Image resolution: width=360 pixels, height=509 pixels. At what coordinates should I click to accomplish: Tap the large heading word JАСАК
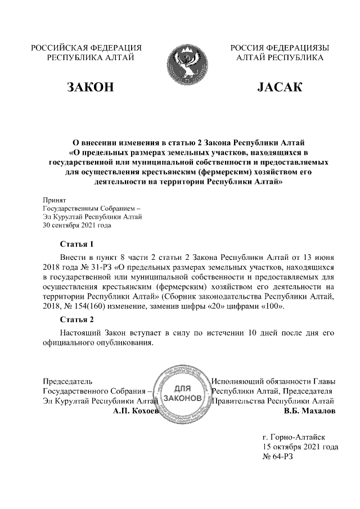pos(280,87)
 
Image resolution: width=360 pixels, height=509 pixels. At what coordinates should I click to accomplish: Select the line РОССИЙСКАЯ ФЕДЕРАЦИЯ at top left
pos(86,48)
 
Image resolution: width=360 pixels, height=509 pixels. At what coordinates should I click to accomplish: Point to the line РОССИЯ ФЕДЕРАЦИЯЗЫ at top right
pos(280,48)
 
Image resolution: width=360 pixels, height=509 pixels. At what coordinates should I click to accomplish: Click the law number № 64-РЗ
pos(278,457)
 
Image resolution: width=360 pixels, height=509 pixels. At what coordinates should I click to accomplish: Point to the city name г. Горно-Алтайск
pos(294,436)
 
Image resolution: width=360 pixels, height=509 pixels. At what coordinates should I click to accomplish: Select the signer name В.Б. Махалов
pos(310,412)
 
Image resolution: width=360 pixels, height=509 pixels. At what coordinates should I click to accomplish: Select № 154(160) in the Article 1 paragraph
pos(91,307)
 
